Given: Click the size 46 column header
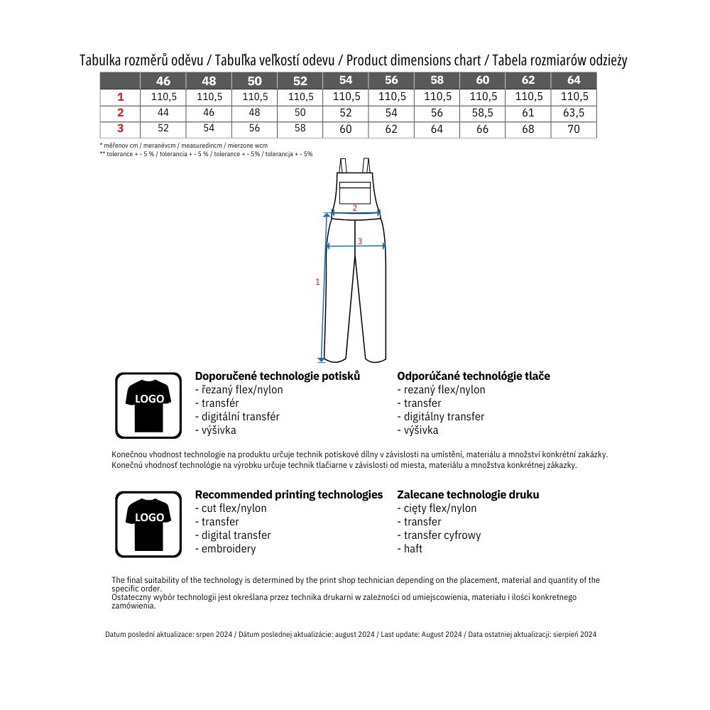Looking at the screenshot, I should (163, 81).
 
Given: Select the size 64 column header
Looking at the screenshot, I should (574, 80).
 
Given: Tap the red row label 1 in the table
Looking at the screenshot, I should (120, 97).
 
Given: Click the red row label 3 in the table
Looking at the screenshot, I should (120, 129).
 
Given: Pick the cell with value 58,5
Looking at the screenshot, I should (483, 113).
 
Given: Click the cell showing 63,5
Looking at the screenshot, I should (574, 113).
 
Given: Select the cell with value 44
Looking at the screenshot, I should (163, 113).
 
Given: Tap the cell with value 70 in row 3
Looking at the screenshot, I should (574, 129).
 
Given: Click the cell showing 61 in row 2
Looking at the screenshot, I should (528, 113).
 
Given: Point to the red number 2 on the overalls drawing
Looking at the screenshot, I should (355, 208).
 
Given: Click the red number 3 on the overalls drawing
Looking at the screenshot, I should (360, 241).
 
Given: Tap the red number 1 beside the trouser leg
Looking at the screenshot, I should (317, 282).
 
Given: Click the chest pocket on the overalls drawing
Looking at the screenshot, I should (355, 192).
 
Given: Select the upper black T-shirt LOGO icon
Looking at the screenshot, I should (148, 405).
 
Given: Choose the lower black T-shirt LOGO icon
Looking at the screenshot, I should (148, 524).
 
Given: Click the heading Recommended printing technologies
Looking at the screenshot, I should (288, 494).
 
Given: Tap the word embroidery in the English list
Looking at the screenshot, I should (229, 549).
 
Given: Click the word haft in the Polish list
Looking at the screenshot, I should (413, 549).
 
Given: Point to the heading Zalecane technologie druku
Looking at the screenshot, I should (468, 494).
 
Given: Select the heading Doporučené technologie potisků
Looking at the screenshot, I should (277, 376).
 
